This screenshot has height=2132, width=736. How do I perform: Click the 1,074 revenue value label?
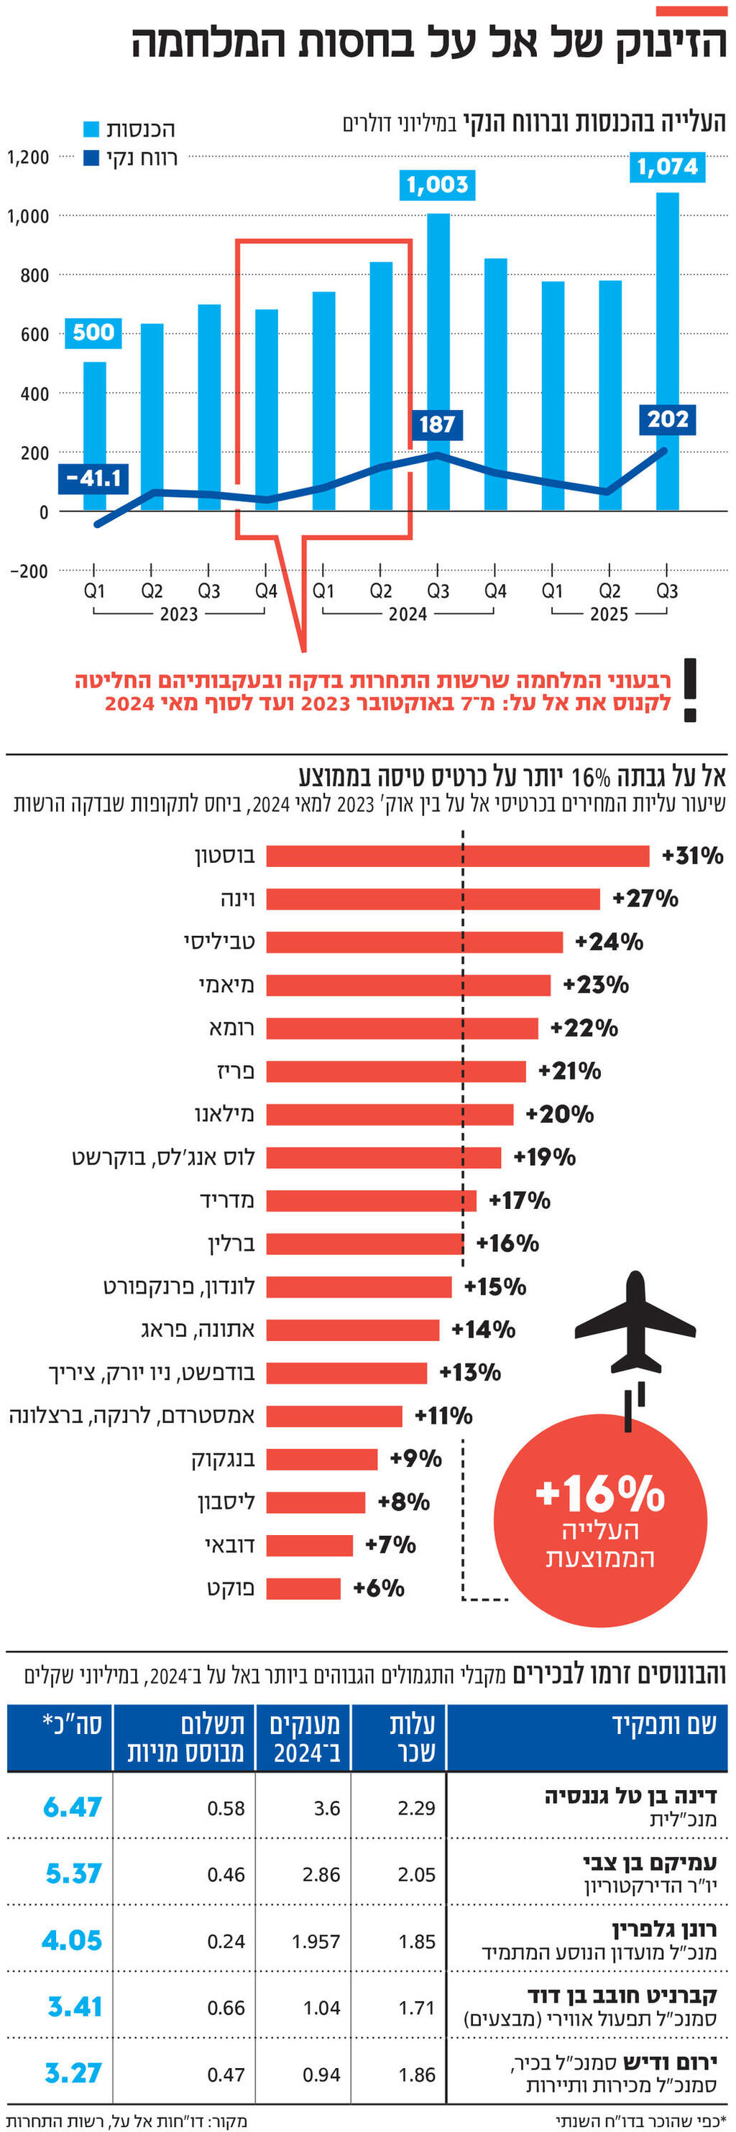[667, 167]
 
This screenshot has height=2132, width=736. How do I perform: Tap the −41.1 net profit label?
[93, 478]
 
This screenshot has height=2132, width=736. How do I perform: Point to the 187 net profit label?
[437, 425]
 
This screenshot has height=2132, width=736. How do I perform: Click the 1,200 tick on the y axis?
[28, 157]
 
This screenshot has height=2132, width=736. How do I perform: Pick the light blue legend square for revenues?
[92, 129]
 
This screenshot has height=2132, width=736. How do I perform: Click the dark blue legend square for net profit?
[92, 157]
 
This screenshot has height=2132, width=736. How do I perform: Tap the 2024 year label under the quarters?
[408, 614]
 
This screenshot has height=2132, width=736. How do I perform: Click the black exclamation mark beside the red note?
[689, 690]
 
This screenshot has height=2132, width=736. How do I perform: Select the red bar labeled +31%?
[457, 856]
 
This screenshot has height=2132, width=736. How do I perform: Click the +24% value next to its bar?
[609, 942]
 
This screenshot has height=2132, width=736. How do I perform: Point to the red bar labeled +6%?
[303, 1588]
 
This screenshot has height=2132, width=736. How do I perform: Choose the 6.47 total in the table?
[72, 1807]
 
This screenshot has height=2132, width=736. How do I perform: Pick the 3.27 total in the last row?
[72, 2072]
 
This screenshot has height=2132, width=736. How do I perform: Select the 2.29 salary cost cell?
[415, 1809]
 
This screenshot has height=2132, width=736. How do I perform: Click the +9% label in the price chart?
[415, 1458]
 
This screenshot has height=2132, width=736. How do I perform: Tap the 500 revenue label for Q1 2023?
[93, 333]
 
